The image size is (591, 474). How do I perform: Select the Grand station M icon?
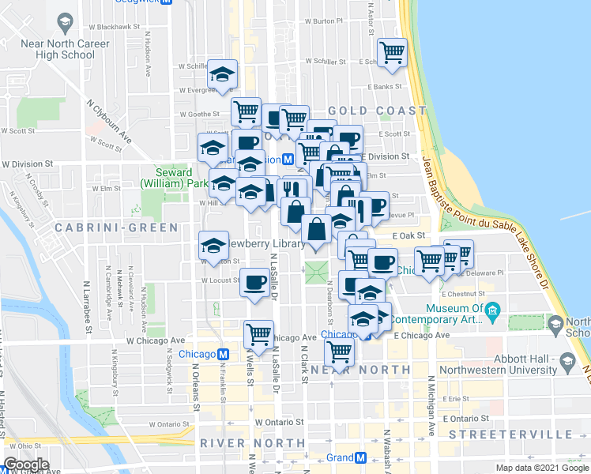360,458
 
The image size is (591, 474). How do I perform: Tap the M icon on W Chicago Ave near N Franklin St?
224,354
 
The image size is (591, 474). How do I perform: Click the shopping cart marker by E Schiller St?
392,53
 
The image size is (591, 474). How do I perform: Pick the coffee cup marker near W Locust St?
254,283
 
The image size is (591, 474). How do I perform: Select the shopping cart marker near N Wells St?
258,335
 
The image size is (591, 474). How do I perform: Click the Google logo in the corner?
26,465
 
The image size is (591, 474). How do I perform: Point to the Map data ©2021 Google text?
542,468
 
